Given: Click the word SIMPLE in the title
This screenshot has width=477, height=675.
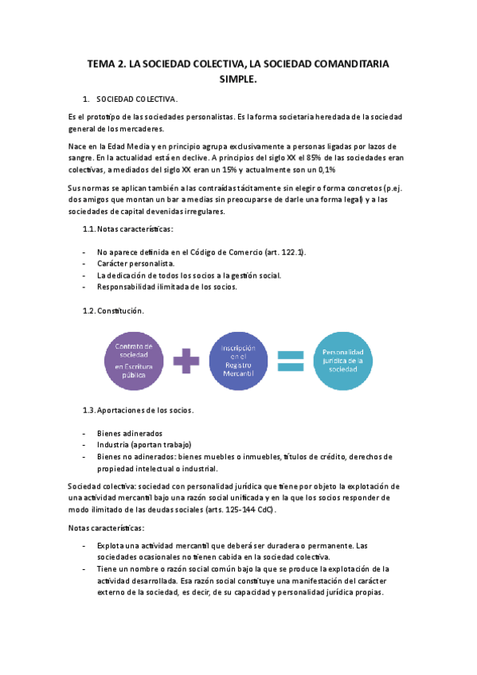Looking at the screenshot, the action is coord(238,80).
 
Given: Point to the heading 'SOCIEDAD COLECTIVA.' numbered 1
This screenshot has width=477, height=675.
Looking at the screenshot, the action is coord(137,99).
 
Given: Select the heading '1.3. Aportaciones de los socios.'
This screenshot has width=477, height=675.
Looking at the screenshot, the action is coord(138,411).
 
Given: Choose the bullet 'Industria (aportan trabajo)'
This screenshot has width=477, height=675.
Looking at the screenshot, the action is coord(145,445).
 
